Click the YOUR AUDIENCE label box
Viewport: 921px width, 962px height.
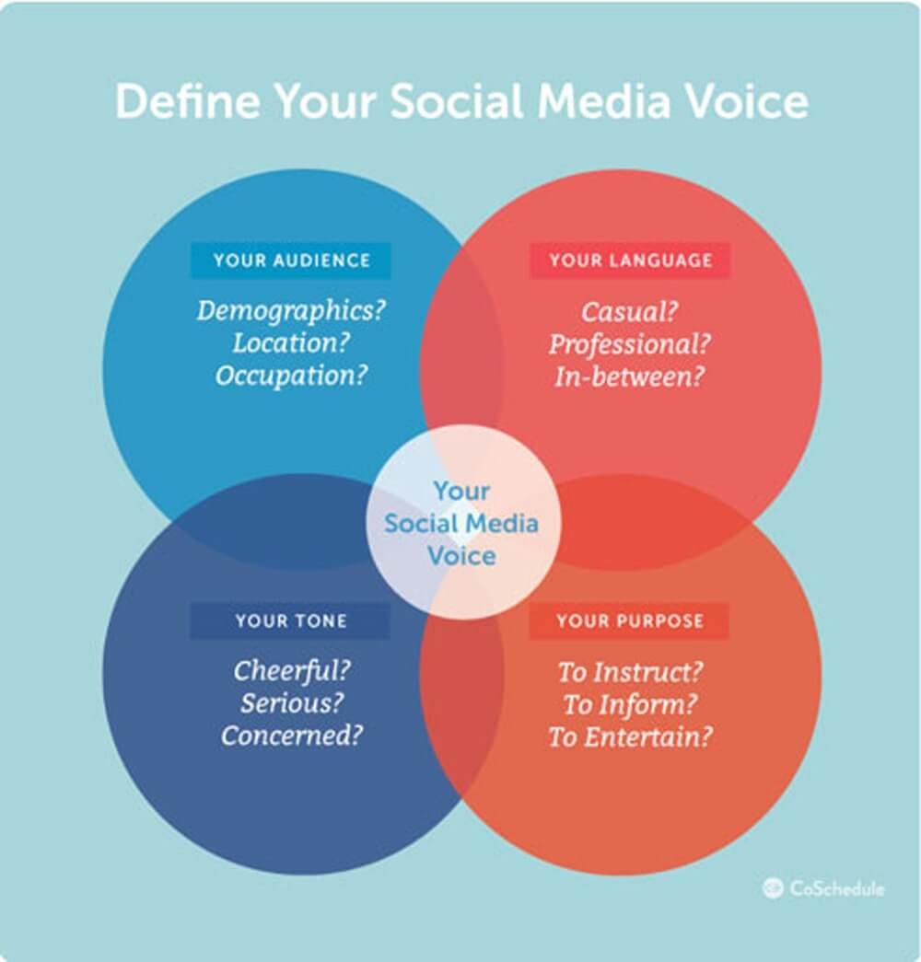(290, 261)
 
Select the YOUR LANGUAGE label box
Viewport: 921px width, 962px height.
(630, 261)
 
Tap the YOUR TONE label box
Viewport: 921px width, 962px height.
(290, 620)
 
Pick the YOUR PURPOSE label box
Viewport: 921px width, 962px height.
(629, 620)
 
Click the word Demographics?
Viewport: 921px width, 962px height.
(291, 311)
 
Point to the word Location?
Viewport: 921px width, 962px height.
(291, 343)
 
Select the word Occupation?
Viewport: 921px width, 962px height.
(291, 376)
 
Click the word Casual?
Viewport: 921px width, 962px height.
(629, 312)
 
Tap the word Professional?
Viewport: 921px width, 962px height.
(629, 344)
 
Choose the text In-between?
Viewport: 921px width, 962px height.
(629, 377)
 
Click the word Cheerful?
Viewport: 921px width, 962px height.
(292, 670)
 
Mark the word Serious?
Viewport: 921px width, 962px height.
(292, 703)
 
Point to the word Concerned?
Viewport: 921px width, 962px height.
(292, 736)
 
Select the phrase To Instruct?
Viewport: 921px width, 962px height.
(630, 672)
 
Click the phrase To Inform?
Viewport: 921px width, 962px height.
(630, 704)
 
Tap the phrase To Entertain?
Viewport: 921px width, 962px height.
(630, 736)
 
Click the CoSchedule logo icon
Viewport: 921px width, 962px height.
(773, 887)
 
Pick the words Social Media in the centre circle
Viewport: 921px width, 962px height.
(461, 523)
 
